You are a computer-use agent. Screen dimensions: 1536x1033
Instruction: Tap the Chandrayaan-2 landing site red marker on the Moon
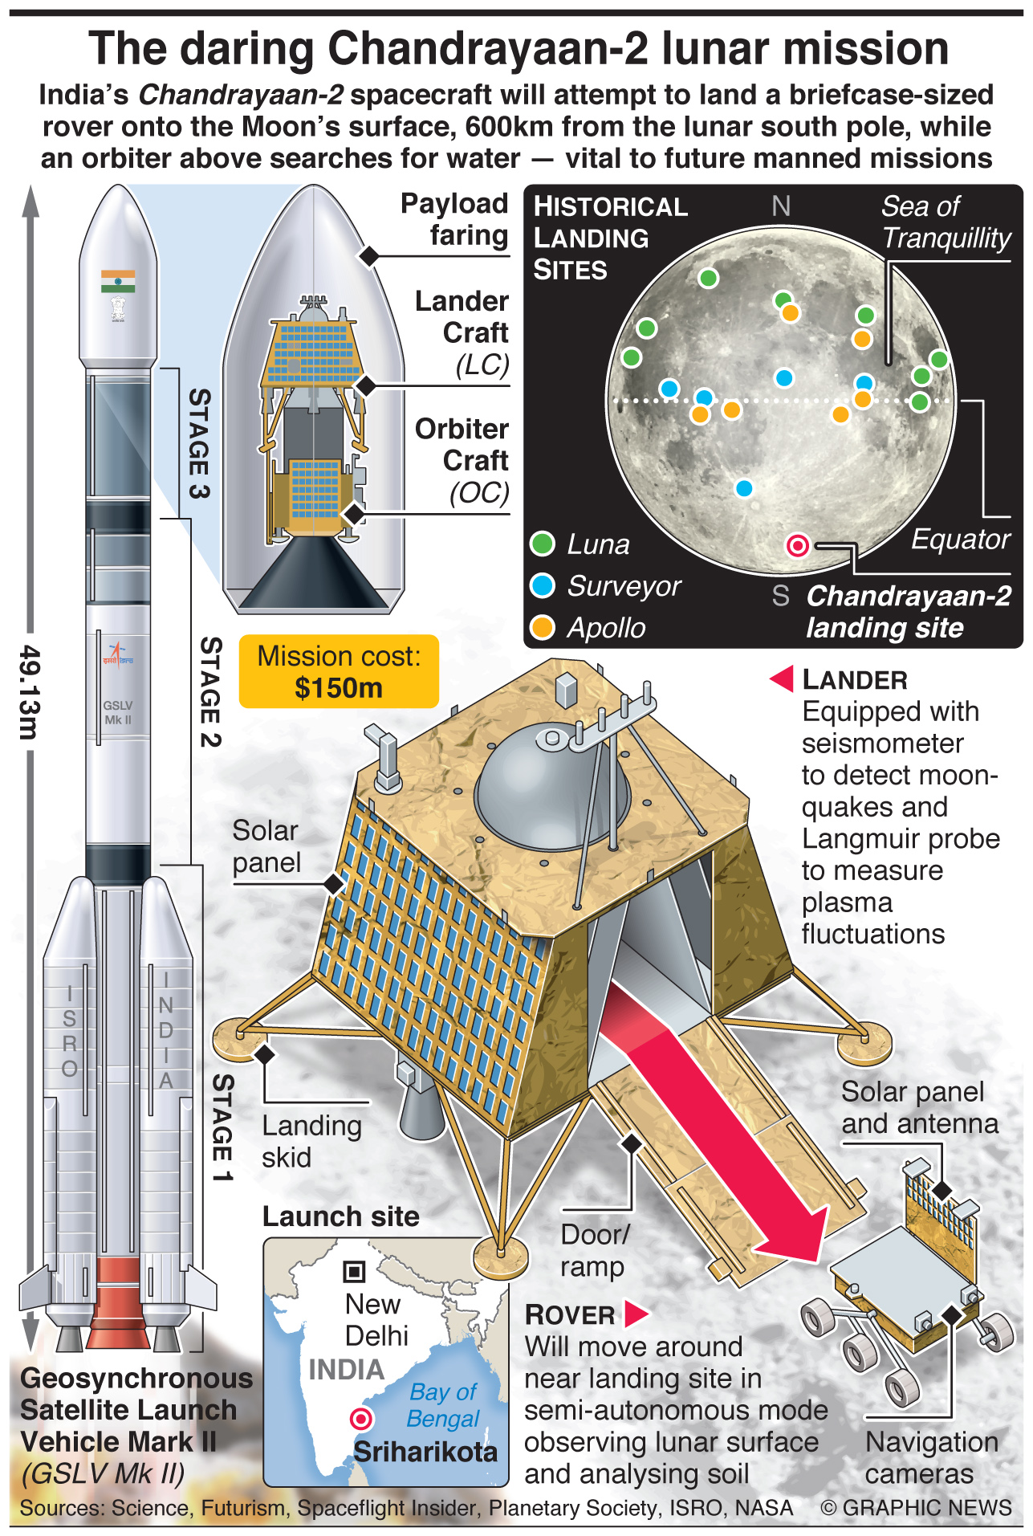click(798, 546)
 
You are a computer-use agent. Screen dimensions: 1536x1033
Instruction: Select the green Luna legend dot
click(543, 544)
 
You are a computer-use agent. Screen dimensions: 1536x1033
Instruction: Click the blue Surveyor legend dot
click(543, 585)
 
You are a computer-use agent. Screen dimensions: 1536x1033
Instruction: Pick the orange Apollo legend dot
click(543, 627)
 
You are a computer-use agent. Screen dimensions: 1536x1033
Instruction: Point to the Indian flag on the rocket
click(118, 281)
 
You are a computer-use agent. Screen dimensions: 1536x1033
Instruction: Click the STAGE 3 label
click(200, 443)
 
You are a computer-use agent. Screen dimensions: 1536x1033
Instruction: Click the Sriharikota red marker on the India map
click(361, 1419)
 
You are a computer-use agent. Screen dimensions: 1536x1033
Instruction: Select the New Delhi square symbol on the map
click(354, 1271)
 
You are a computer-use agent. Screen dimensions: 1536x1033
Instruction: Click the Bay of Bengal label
click(443, 1405)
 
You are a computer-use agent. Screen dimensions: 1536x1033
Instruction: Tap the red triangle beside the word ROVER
click(636, 1314)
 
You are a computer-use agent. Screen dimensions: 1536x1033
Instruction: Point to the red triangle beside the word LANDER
click(783, 678)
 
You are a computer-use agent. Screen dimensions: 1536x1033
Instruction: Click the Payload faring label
click(454, 219)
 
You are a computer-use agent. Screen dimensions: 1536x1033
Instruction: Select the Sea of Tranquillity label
click(946, 222)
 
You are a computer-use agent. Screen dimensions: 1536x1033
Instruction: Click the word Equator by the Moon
click(960, 540)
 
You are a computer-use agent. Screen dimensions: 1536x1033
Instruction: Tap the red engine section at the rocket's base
click(118, 1301)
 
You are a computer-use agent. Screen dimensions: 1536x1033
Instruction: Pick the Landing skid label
click(311, 1141)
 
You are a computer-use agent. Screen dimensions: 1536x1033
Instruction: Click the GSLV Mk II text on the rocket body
click(117, 712)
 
